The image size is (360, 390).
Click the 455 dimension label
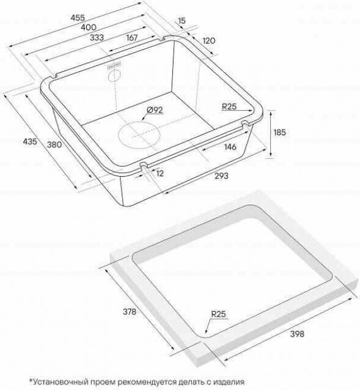point(78,18)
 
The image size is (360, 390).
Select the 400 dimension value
point(89,27)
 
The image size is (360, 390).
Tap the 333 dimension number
point(97,37)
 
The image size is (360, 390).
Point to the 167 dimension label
point(132,38)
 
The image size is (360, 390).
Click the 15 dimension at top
point(182,20)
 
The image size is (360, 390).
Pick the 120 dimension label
point(209,40)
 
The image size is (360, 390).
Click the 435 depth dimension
point(30,141)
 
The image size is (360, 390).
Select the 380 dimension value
point(54,144)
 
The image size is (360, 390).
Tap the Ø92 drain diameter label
point(155,109)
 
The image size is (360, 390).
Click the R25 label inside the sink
point(229,107)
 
